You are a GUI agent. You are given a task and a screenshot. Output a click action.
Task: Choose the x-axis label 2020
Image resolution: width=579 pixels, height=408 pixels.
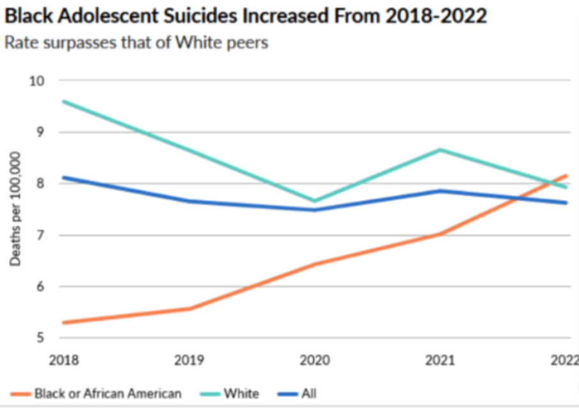(315, 360)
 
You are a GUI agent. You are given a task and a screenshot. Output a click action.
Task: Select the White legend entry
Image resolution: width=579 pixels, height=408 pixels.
(241, 393)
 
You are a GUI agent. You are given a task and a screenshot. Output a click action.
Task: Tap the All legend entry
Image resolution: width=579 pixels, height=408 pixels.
(308, 393)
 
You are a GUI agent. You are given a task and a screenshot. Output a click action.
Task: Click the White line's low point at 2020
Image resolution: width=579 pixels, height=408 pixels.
(315, 200)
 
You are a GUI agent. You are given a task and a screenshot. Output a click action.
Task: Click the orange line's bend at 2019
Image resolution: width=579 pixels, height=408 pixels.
(189, 309)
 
